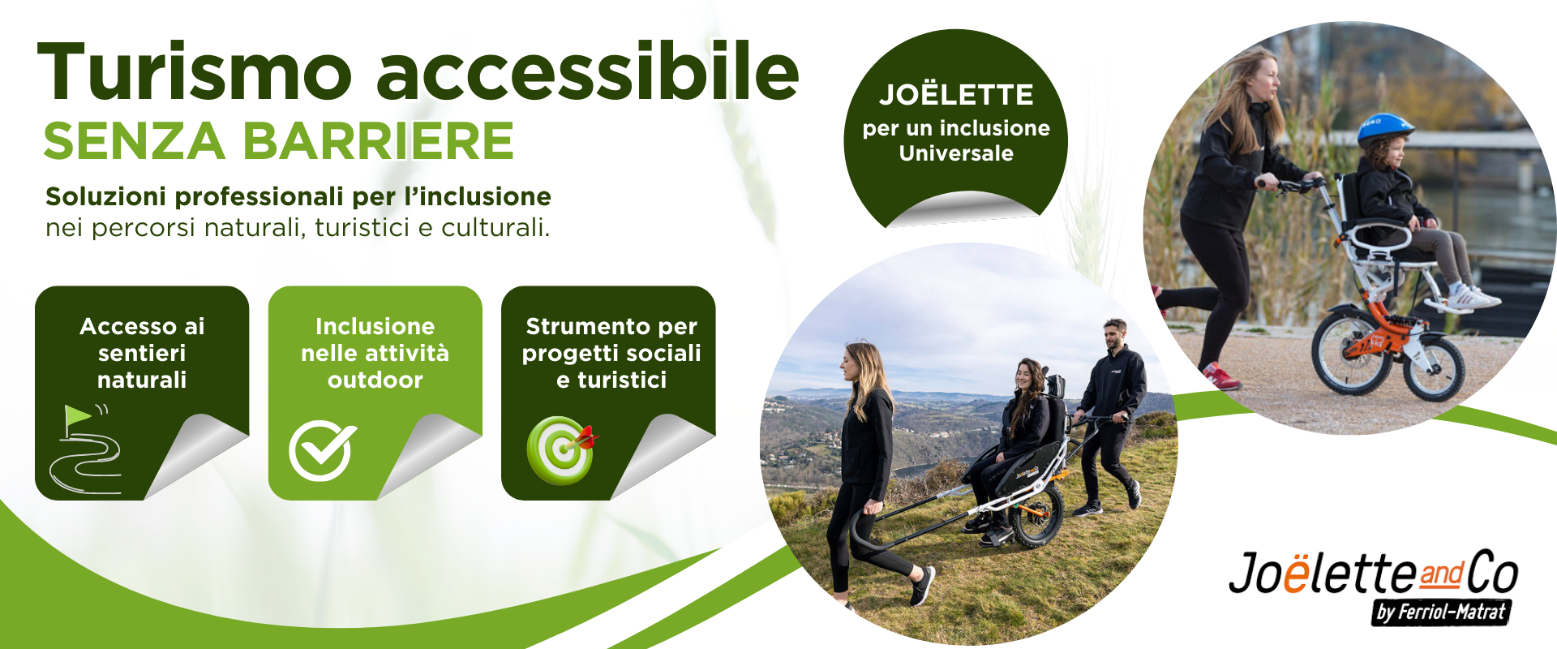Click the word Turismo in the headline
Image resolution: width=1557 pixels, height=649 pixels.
[195, 73]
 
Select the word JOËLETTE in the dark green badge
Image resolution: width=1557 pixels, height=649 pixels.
[956, 95]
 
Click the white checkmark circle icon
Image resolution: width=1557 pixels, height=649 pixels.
[322, 450]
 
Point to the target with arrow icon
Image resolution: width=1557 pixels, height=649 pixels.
[561, 449]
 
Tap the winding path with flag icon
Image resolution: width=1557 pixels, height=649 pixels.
[86, 451]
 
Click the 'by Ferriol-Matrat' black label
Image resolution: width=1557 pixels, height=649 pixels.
[1441, 612]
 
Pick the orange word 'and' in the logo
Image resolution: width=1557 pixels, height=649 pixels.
[1441, 574]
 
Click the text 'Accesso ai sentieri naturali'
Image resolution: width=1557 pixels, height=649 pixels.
[142, 353]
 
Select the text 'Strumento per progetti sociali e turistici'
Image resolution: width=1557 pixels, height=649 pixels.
[611, 353]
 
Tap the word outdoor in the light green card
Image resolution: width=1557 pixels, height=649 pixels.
[375, 380]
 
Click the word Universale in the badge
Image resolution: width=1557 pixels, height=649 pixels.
[956, 153]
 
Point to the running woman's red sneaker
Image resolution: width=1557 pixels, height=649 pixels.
[1220, 376]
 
